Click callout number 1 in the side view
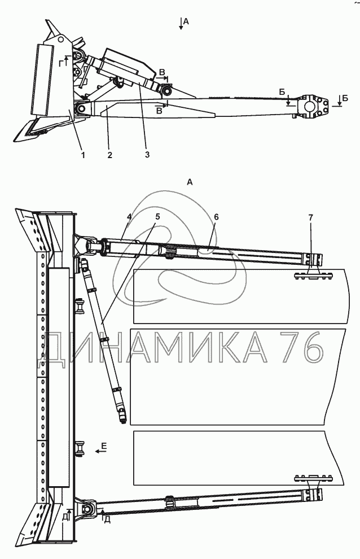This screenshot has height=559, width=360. (83, 155)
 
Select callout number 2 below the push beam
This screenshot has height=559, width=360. (110, 155)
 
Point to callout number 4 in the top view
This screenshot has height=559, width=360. (129, 216)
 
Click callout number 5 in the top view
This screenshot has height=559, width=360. (157, 216)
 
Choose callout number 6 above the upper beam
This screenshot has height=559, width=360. (216, 217)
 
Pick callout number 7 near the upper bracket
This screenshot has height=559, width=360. (311, 217)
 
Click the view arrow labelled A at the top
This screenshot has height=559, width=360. (181, 24)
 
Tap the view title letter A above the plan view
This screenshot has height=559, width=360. (190, 182)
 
